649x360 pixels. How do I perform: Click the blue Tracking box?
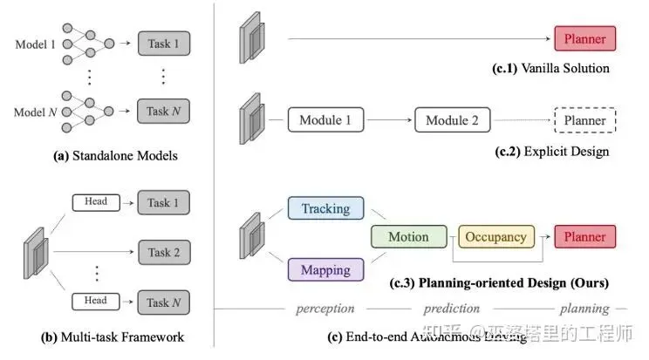325,208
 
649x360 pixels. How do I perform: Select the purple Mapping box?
325,270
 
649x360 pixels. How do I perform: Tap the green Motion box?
408,236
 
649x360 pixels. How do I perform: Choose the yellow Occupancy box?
495,236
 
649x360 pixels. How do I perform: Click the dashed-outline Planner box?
584,119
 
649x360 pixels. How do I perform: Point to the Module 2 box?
452,119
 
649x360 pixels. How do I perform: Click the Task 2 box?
164,252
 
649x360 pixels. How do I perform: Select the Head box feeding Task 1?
96,202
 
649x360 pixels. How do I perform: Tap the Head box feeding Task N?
96,301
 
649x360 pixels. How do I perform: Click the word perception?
325,309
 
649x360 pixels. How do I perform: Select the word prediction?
452,309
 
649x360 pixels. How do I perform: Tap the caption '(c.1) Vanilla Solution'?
550,68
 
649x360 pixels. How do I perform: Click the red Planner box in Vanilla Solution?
584,38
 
